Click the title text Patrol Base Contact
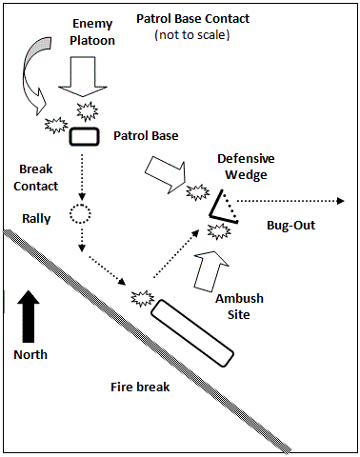click(x=192, y=19)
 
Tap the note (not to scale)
click(x=192, y=34)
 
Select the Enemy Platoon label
click(x=92, y=32)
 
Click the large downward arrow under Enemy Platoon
click(x=83, y=76)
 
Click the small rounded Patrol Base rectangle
click(x=85, y=137)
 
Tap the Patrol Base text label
click(x=146, y=136)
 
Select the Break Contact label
click(x=36, y=177)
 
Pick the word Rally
click(x=36, y=218)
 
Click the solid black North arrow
click(x=29, y=316)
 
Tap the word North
click(x=30, y=354)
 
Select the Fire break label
click(x=140, y=387)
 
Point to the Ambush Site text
click(x=239, y=307)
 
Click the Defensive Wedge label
click(x=246, y=167)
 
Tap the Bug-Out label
click(x=291, y=225)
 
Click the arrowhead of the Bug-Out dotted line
click(x=341, y=201)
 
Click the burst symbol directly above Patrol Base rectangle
click(x=88, y=111)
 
